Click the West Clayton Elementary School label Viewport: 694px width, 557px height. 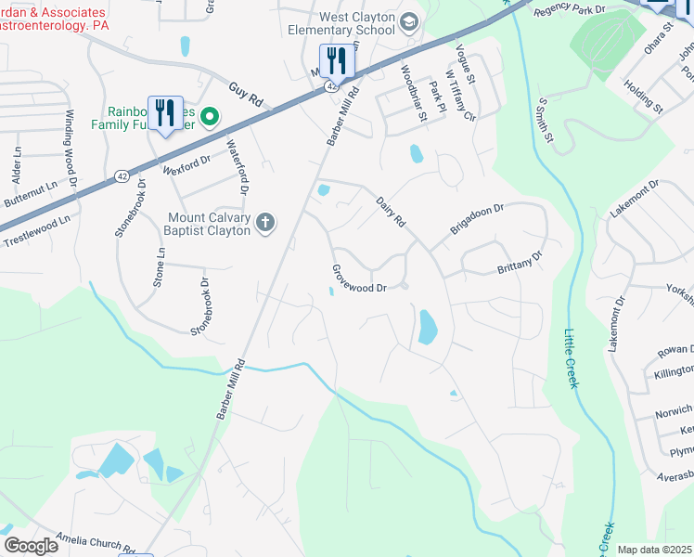pyautogui.click(x=355, y=23)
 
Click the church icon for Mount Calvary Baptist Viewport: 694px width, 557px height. pyautogui.click(x=265, y=223)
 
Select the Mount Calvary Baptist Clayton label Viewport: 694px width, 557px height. pyautogui.click(x=209, y=224)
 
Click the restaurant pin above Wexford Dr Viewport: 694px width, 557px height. pyautogui.click(x=165, y=113)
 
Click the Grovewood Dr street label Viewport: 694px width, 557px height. pyautogui.click(x=358, y=278)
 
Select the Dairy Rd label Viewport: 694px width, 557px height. pyautogui.click(x=391, y=211)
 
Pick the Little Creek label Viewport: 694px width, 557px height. pyautogui.click(x=571, y=361)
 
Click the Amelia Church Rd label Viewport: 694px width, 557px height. pyautogui.click(x=96, y=543)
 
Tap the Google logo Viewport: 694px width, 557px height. pyautogui.click(x=31, y=546)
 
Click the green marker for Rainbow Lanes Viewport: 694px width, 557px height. pyautogui.click(x=210, y=116)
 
